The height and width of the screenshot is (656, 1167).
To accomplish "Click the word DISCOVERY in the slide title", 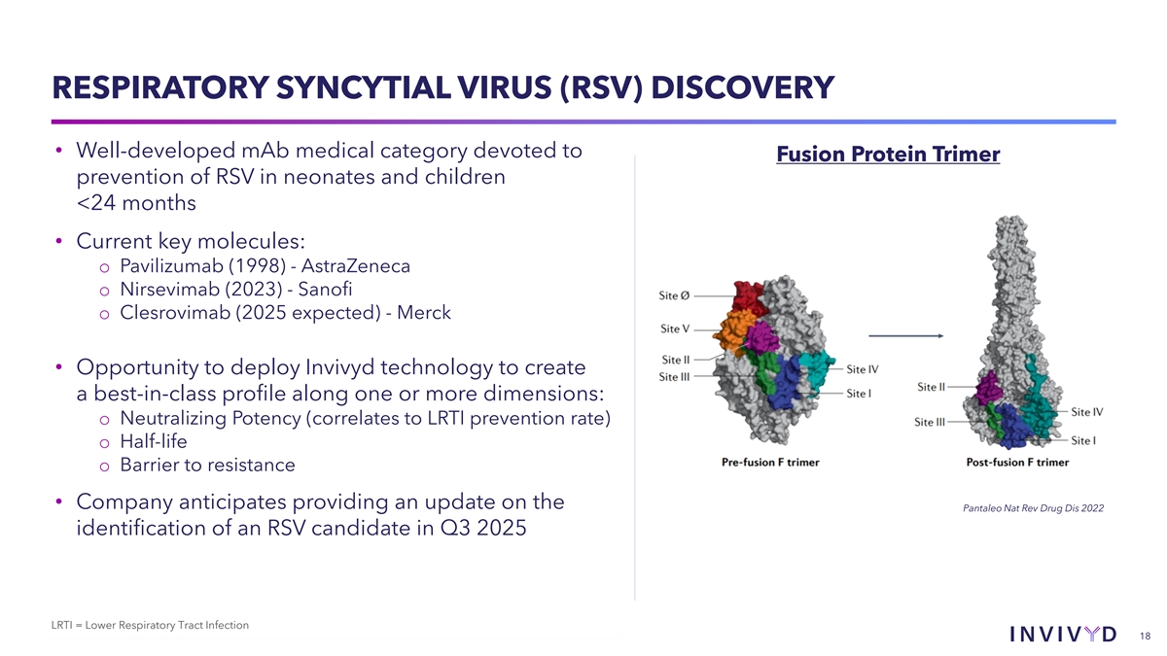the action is click(742, 87).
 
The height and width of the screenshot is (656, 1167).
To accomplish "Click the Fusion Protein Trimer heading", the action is click(888, 155).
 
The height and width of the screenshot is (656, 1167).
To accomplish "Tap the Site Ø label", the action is click(674, 295).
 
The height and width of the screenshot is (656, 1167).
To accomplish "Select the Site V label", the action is click(675, 328).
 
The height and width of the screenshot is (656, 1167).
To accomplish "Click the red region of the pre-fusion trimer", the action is click(748, 296).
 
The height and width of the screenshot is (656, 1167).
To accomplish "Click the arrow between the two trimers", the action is click(906, 336).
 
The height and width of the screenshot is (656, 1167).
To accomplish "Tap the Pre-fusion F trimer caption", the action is click(770, 463).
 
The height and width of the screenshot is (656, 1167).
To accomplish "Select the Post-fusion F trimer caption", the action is click(1017, 463).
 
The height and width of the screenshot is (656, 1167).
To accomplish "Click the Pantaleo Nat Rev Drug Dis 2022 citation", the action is click(1033, 508).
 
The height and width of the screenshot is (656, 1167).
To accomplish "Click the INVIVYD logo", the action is click(1063, 634).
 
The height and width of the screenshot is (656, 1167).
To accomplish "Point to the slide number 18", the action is click(1146, 637).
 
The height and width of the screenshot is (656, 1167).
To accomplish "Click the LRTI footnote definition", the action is click(150, 625).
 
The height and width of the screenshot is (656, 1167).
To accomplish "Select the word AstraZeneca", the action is click(356, 266).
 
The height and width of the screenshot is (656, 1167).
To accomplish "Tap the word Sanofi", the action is click(325, 289).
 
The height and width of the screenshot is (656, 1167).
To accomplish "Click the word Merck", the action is click(424, 312).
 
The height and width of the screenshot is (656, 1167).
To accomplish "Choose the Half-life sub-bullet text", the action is click(154, 441).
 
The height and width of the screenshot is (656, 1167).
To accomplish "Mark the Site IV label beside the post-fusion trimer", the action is click(1087, 412).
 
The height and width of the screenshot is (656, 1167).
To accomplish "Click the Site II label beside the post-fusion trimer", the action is click(931, 387).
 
